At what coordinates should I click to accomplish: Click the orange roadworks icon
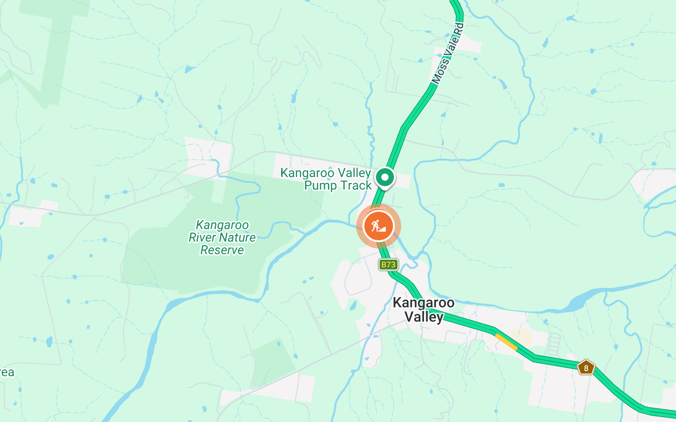(x=378, y=226)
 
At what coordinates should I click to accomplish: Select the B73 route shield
(x=388, y=265)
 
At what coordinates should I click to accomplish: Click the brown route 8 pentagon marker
(x=586, y=368)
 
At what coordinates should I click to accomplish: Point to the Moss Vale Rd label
(x=447, y=54)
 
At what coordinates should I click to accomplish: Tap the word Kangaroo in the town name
(x=423, y=303)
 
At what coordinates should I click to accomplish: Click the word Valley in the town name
(x=424, y=317)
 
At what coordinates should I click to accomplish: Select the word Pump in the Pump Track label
(x=319, y=186)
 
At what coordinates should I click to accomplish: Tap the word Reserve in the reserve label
(x=222, y=250)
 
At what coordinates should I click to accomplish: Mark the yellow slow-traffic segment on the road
(x=506, y=341)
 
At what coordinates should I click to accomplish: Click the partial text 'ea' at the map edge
(x=7, y=373)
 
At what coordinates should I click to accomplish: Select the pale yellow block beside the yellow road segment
(x=521, y=337)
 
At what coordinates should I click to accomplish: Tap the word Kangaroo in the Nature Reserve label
(x=222, y=225)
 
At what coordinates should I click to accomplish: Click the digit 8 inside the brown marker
(x=586, y=368)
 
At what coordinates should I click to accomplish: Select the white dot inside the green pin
(x=384, y=177)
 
